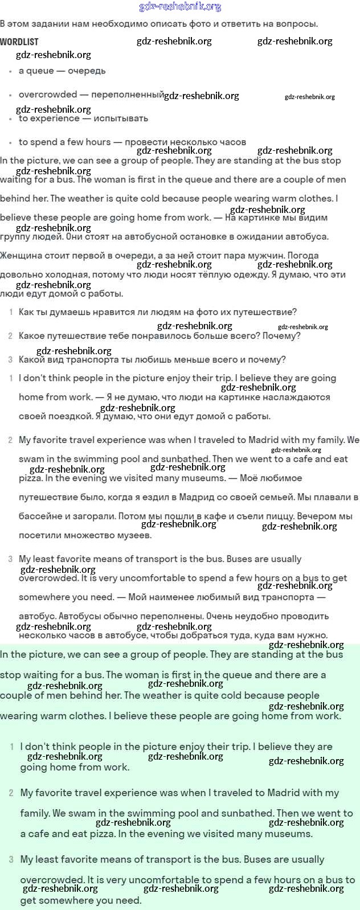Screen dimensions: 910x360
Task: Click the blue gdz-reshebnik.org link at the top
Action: click(x=180, y=7)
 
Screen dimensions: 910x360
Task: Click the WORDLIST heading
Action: click(x=19, y=42)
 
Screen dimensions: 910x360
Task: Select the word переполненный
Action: click(x=128, y=95)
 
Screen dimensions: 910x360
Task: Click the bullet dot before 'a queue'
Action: click(x=10, y=72)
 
